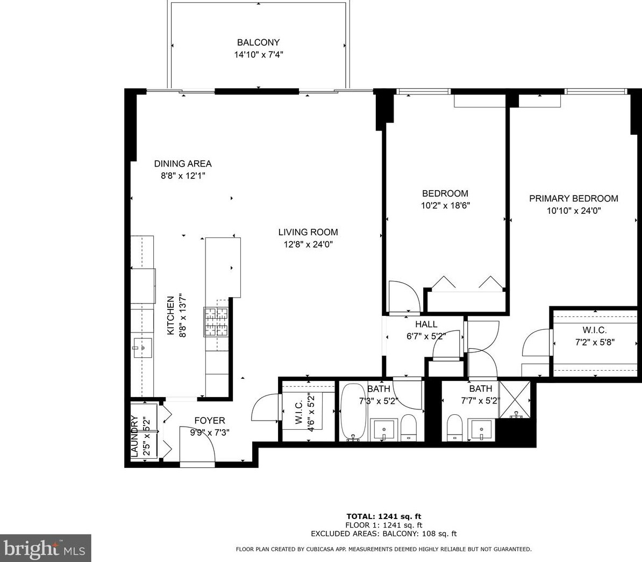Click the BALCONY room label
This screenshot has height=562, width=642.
tap(258, 42)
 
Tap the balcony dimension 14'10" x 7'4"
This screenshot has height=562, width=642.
tap(258, 54)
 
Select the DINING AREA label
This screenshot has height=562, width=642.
tap(183, 164)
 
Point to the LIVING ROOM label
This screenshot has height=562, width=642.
tap(308, 232)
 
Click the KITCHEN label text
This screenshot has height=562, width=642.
tap(170, 316)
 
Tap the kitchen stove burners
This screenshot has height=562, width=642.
tap(216, 321)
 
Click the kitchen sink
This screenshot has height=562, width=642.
tap(143, 348)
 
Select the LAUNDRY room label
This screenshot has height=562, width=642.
tap(135, 436)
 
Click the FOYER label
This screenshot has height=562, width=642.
tap(210, 421)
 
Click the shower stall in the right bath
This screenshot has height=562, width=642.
tap(515, 399)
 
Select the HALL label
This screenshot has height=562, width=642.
tap(426, 325)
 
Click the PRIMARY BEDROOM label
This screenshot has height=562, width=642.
tap(574, 199)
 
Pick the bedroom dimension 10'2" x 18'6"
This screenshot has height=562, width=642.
tap(445, 205)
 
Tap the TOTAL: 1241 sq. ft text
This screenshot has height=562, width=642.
tap(384, 517)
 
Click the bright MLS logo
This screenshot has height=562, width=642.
tap(45, 549)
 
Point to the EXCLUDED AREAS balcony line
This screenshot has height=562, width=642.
tap(384, 534)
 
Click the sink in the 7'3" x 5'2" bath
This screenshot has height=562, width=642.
tap(385, 429)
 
